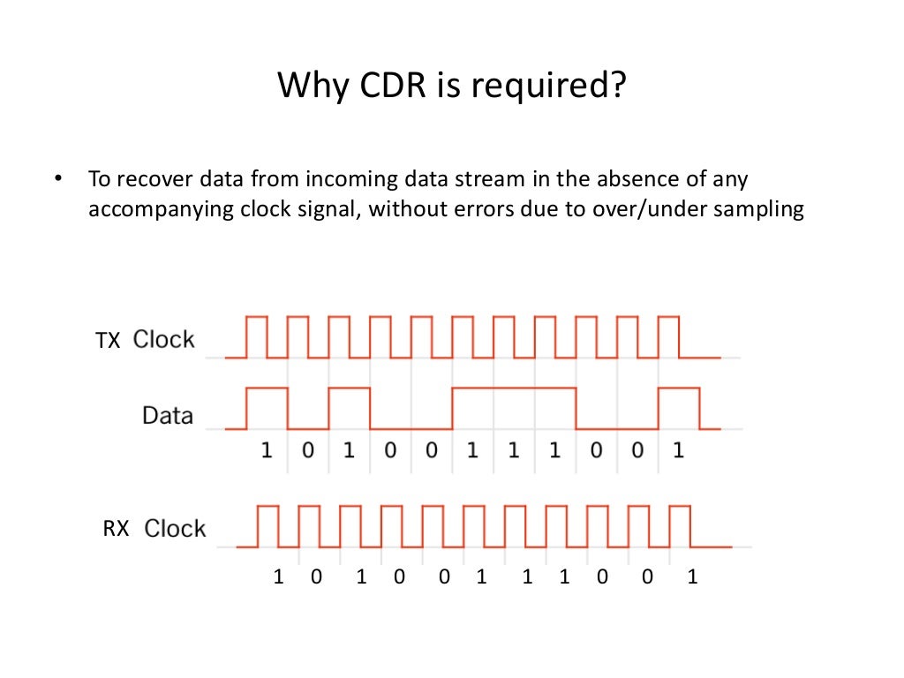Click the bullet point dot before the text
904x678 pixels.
(59, 179)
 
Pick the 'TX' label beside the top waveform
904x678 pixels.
(108, 341)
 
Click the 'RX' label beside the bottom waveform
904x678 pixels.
(117, 529)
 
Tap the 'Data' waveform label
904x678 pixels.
(167, 415)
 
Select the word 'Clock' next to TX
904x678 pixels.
(164, 340)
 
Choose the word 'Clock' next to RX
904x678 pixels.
(175, 529)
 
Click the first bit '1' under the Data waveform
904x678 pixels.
(266, 451)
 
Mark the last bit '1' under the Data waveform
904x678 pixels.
(678, 451)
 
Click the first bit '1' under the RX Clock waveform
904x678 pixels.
(278, 578)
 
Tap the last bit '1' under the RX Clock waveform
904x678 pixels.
(692, 578)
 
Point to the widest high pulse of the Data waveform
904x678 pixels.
(514, 388)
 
